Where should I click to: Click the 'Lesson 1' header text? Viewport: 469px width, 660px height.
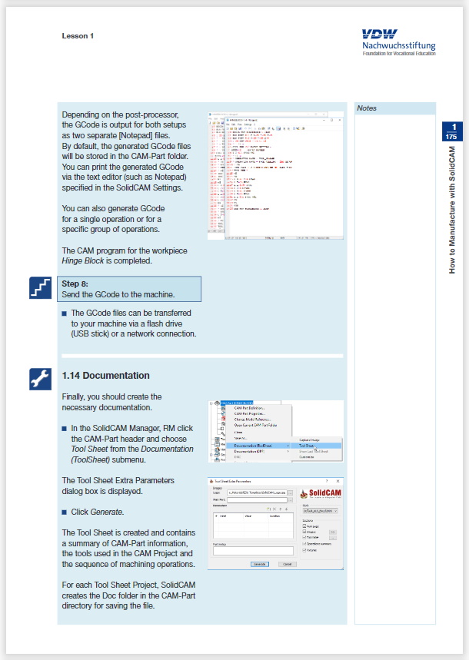click(x=78, y=35)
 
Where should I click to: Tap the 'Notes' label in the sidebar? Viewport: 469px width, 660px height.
click(x=367, y=109)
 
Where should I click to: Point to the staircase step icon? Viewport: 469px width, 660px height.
click(x=38, y=288)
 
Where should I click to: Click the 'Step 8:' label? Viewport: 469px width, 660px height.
click(x=75, y=284)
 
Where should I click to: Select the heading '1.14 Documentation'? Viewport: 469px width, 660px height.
click(x=105, y=376)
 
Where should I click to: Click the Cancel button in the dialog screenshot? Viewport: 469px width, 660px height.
click(x=286, y=563)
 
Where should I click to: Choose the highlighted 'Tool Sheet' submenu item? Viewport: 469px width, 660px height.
click(x=306, y=445)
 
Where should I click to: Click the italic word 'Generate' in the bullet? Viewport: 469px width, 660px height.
click(x=107, y=512)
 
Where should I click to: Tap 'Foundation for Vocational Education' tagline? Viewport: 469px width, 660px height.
click(x=399, y=53)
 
